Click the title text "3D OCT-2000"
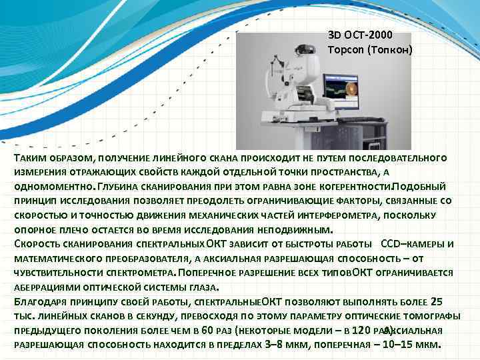361,35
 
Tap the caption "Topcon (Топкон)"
370,49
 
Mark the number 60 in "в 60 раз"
207,331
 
